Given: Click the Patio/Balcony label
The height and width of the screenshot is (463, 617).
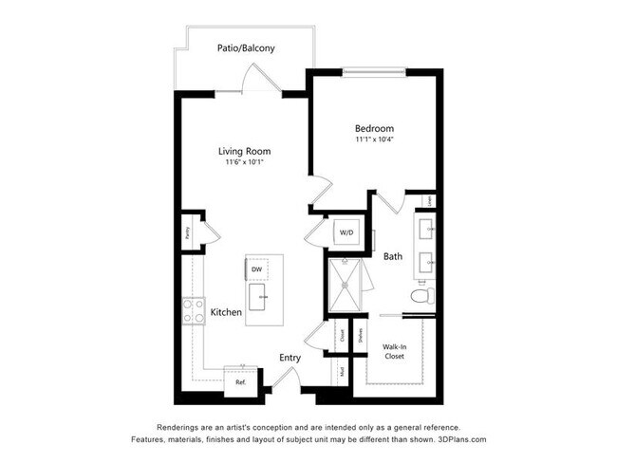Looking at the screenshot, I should [246, 47].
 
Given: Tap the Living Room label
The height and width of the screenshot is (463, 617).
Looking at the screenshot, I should [245, 151].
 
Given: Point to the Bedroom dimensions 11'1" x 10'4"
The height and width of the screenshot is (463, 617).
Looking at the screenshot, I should [374, 140].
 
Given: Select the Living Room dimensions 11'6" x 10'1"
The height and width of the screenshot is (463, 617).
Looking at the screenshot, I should [245, 163].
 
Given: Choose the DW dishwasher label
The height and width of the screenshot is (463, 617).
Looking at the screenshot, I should [256, 269].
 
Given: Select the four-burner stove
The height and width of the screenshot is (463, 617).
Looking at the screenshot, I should [194, 310].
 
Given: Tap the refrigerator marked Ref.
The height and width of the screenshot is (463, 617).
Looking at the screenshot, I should [240, 380].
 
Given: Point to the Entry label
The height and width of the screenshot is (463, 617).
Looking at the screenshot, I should [290, 358].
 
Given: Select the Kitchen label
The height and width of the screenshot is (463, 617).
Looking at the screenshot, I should [226, 312].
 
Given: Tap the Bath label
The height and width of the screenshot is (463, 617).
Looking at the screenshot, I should [393, 256].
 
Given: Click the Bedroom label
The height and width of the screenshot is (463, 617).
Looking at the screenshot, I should [374, 128].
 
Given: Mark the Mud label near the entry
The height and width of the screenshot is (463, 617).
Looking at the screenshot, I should [342, 371].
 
